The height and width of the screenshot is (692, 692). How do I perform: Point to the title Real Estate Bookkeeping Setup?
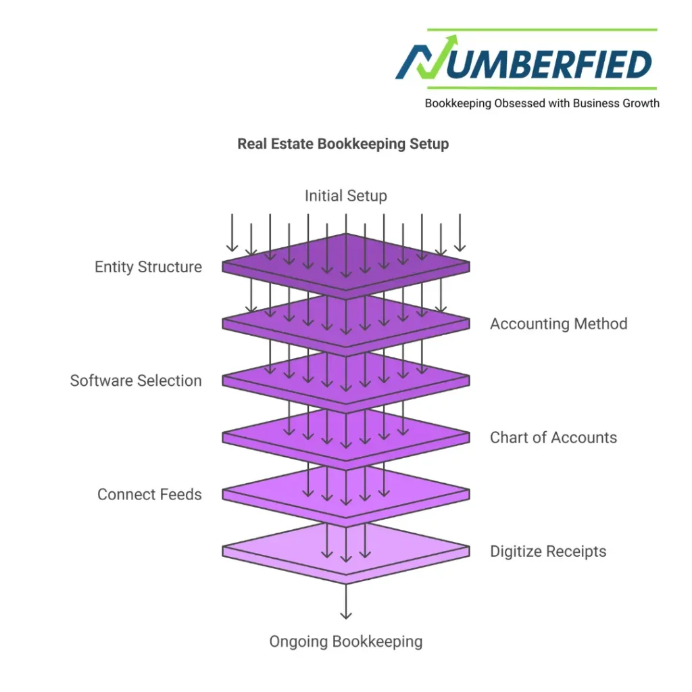(343, 144)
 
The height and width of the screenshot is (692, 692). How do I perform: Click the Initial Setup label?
(345, 196)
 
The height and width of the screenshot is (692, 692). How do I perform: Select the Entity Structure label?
(148, 267)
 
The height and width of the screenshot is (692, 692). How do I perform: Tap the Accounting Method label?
(558, 324)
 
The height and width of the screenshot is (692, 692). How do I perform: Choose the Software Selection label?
(136, 380)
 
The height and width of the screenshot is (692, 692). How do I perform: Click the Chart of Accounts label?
(553, 437)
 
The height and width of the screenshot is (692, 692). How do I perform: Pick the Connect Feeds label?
(149, 494)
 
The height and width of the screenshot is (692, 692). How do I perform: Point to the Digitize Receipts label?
(547, 551)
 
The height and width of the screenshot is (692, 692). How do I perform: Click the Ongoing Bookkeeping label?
(345, 641)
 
